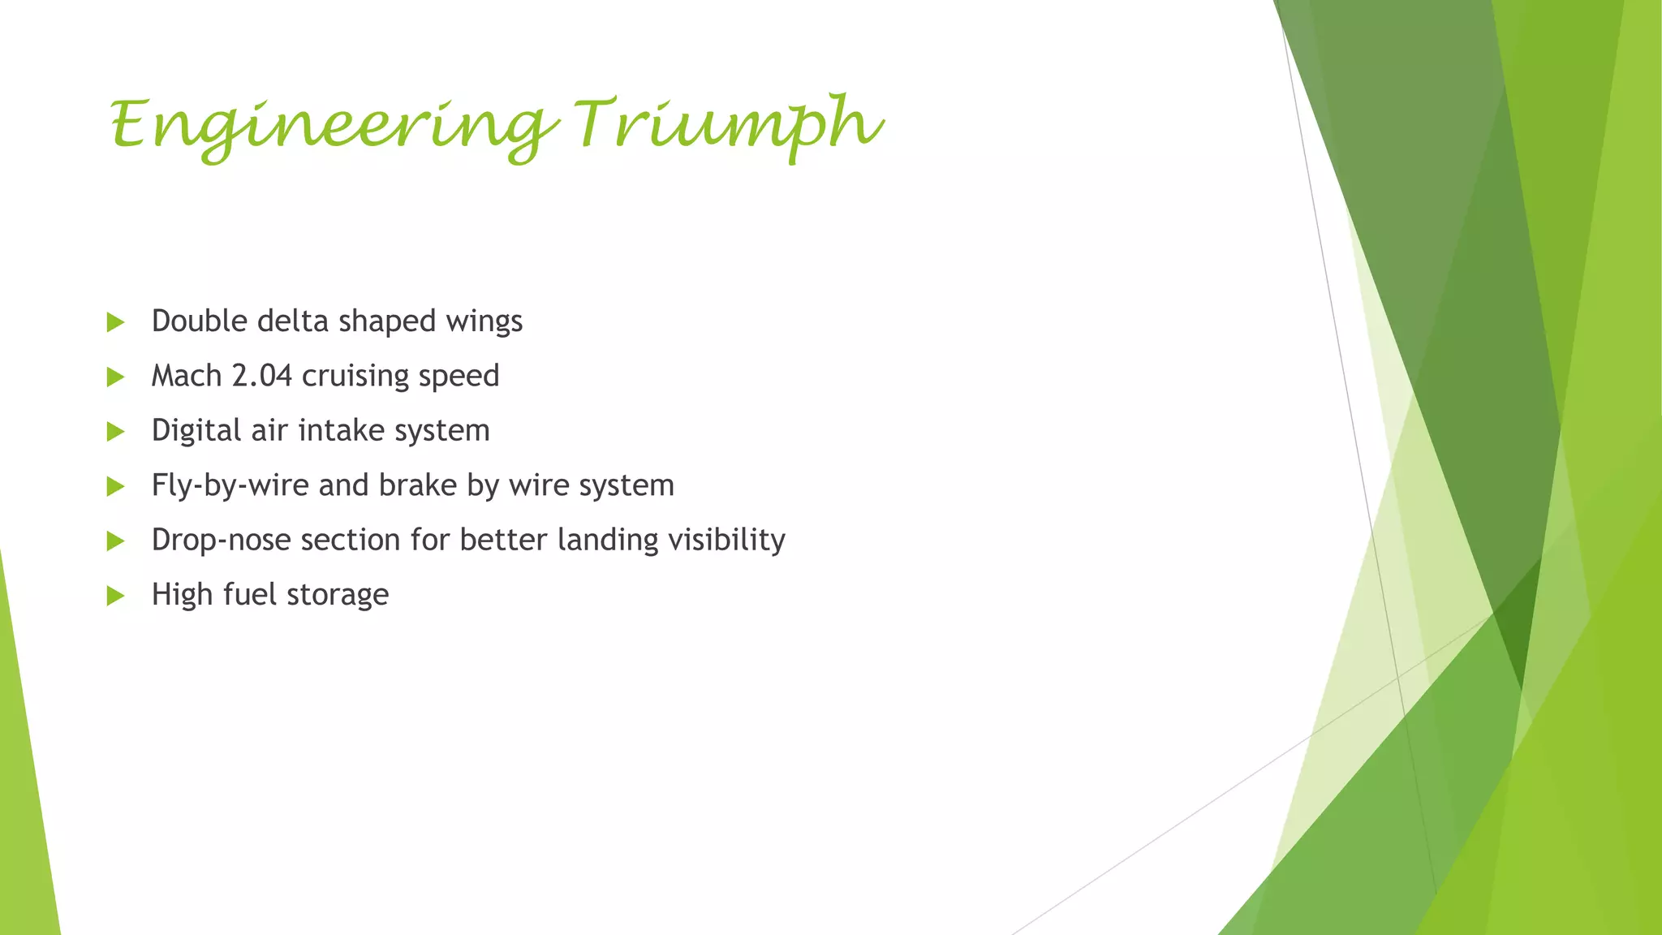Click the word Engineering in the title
click(x=333, y=126)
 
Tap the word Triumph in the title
click(x=728, y=126)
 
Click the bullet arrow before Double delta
click(x=115, y=322)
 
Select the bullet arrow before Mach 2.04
click(x=115, y=377)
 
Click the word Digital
click(x=196, y=430)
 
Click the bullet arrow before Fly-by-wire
click(x=115, y=486)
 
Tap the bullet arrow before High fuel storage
click(x=115, y=596)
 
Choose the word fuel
click(x=250, y=595)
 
